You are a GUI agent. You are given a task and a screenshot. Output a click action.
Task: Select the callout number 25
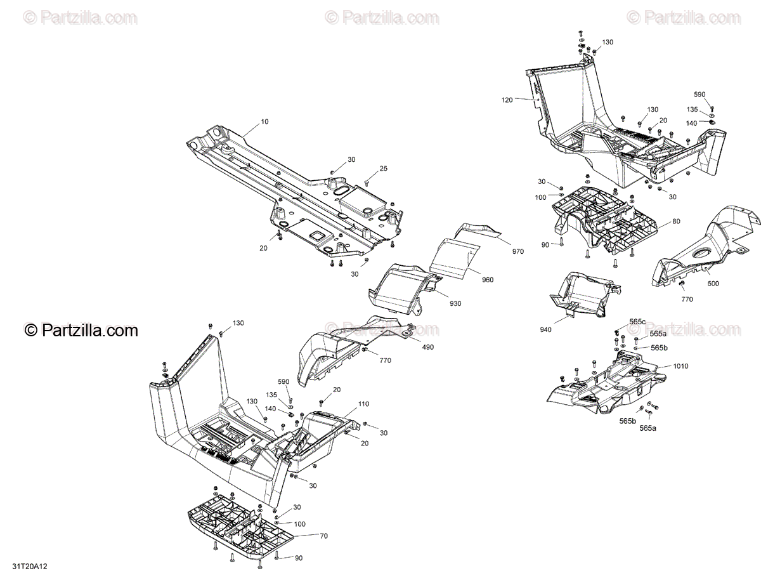[383, 168]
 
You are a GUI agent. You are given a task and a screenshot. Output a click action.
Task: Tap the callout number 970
[518, 252]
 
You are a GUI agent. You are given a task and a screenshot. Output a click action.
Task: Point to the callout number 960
[487, 280]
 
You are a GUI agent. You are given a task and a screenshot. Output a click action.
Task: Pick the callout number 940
[545, 329]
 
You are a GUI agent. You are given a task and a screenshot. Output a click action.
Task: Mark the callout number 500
[713, 284]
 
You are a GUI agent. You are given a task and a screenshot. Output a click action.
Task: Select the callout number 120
[507, 100]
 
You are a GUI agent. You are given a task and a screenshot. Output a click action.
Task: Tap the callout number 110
[363, 404]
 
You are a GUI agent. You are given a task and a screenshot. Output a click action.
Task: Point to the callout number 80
[676, 221]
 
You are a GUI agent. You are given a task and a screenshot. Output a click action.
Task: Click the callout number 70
[323, 536]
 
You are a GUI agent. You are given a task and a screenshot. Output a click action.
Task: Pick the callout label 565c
[637, 322]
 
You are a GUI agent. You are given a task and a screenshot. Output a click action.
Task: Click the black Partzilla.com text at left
[81, 330]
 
